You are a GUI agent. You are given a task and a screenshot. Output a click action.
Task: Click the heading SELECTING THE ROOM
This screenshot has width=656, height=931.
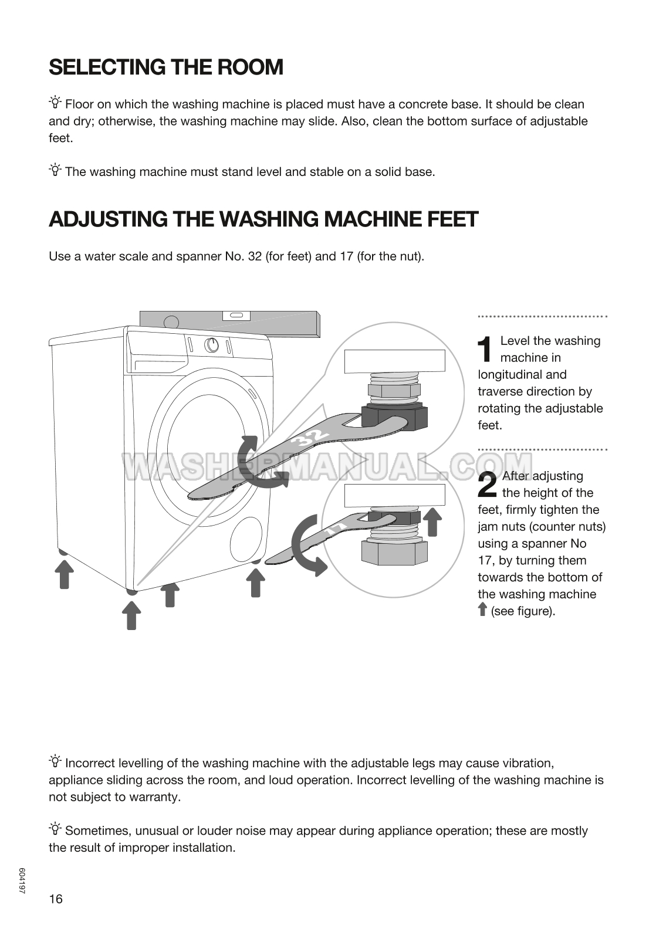[x=166, y=67]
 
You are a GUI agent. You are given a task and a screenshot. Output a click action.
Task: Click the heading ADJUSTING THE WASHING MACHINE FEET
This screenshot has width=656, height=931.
[x=263, y=219]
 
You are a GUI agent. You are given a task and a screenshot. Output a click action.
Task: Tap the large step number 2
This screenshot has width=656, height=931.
[x=488, y=485]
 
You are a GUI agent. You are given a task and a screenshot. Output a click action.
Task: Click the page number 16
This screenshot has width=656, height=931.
[x=56, y=899]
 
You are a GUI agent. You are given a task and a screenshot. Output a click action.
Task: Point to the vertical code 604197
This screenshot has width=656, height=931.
[x=22, y=881]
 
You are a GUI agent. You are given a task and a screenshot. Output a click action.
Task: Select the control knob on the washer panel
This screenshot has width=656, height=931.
[x=212, y=345]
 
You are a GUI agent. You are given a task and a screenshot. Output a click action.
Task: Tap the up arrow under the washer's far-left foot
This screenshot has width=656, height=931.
[x=64, y=574]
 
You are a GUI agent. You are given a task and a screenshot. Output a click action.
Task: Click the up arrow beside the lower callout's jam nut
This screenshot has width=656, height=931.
[x=432, y=522]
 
